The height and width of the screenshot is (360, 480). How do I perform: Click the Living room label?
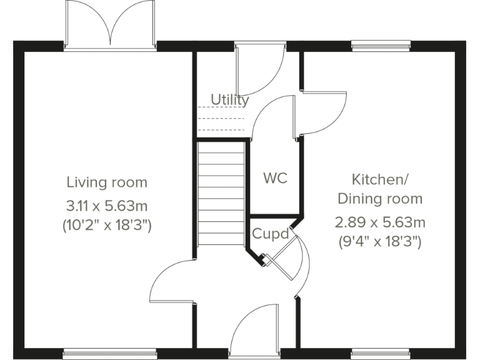(x=107, y=182)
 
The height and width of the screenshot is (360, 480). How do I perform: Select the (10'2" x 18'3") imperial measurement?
(x=107, y=226)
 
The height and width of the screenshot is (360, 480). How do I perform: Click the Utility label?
(x=229, y=99)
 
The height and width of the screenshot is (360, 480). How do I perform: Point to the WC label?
(x=275, y=178)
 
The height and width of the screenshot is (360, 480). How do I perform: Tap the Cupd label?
(x=270, y=234)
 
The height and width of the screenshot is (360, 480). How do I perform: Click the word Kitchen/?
(x=380, y=180)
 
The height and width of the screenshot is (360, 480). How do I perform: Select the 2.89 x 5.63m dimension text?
(x=380, y=222)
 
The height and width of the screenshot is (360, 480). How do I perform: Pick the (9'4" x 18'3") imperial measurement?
(x=380, y=241)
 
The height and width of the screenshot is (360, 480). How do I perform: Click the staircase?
(x=220, y=194)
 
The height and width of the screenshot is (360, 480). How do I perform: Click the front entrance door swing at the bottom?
(x=253, y=328)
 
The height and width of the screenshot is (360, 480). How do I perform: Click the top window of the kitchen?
(x=381, y=45)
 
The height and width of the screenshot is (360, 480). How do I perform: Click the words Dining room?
(x=380, y=199)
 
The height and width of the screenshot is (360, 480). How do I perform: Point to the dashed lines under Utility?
(x=221, y=119)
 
